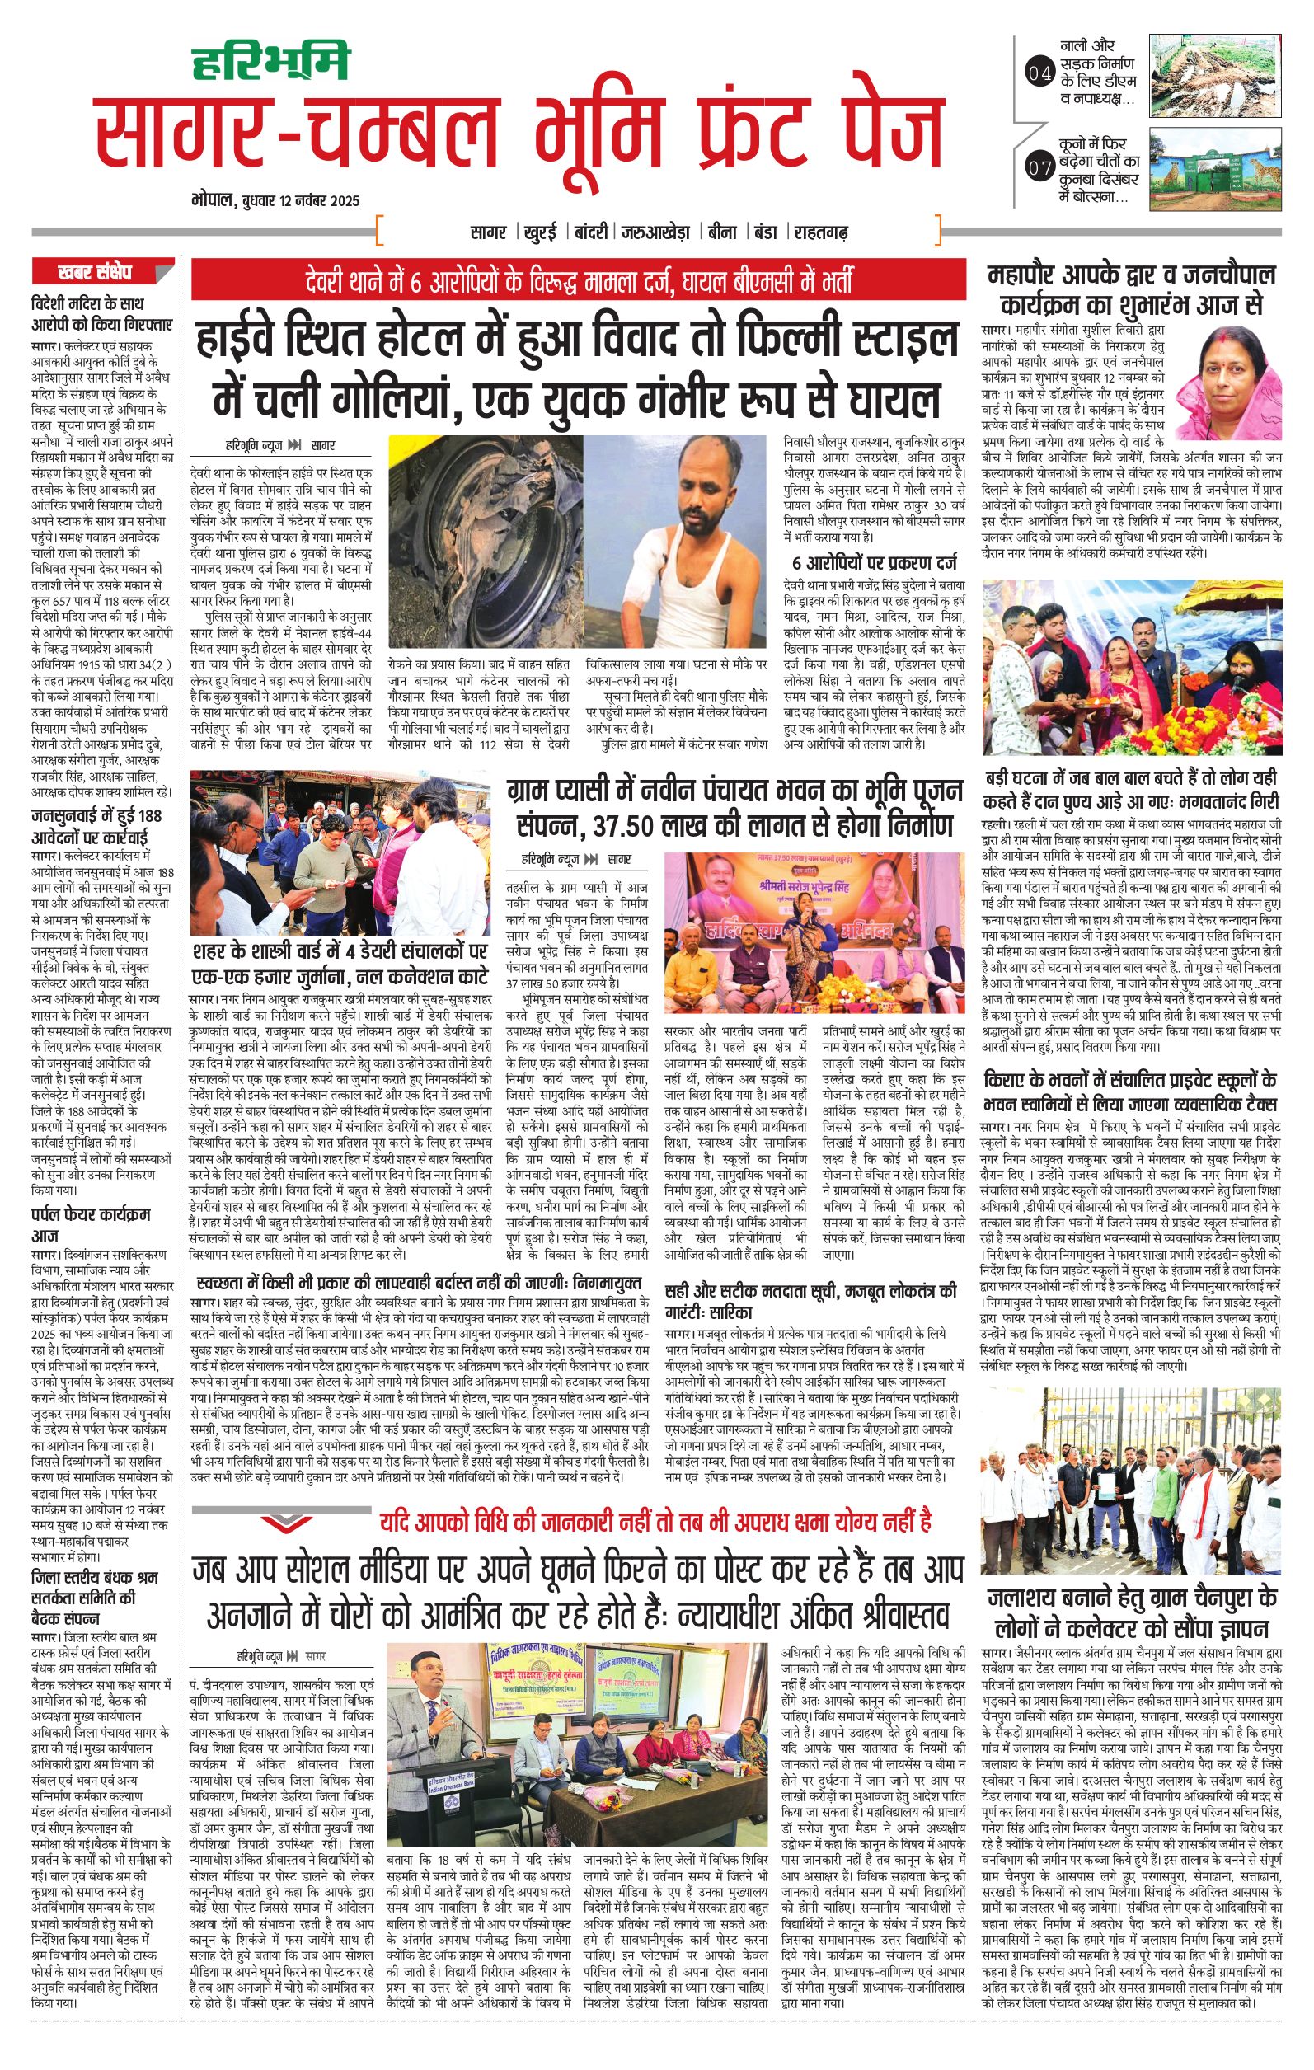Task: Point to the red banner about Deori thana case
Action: [579, 280]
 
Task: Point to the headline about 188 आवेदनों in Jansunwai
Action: [96, 824]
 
